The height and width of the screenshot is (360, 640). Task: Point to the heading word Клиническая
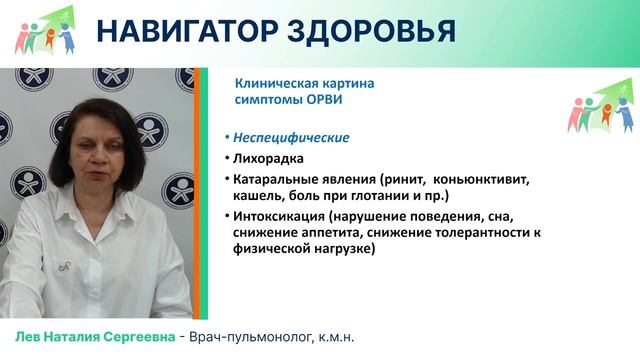[275, 84]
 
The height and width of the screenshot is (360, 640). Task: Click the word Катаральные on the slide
[269, 179]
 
